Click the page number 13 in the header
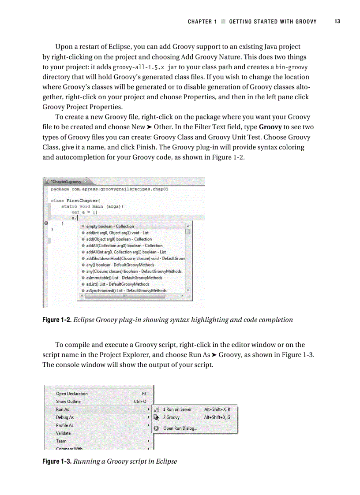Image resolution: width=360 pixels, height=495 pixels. [x=337, y=22]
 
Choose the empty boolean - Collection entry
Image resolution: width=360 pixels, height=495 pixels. [x=110, y=226]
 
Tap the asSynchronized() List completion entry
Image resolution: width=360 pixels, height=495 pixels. [x=126, y=290]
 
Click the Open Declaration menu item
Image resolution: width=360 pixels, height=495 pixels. [x=72, y=394]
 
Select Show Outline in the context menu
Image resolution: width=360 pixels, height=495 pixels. [x=68, y=402]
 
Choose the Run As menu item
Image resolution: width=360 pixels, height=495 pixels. [x=63, y=409]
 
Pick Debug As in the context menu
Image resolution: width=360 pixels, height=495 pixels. [x=65, y=417]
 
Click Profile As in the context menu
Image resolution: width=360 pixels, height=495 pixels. [x=65, y=425]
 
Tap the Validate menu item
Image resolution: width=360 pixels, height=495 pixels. [x=64, y=433]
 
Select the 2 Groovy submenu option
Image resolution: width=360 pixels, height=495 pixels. [x=171, y=417]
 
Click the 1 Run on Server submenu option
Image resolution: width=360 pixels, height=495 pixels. [x=177, y=409]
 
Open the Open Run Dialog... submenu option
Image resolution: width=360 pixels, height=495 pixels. [x=180, y=428]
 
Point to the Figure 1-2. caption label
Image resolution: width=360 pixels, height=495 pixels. [x=56, y=320]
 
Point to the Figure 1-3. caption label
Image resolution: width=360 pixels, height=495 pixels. [x=56, y=462]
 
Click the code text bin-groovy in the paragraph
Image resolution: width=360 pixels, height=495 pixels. [x=291, y=67]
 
